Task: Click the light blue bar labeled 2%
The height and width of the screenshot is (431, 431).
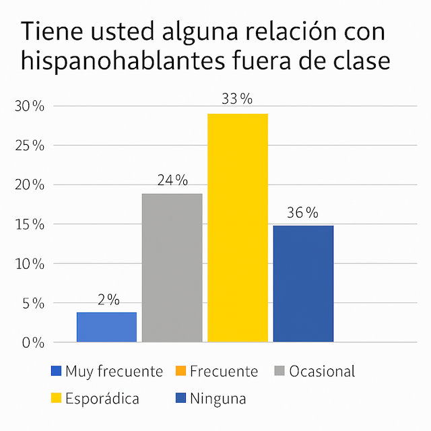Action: tap(106, 327)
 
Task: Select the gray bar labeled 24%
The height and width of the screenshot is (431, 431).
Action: tap(172, 268)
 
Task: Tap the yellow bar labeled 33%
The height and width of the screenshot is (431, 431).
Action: tap(237, 228)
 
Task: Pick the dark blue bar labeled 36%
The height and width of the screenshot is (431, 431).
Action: tap(303, 284)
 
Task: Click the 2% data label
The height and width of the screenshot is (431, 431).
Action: tap(108, 300)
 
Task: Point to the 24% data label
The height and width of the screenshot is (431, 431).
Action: tap(173, 180)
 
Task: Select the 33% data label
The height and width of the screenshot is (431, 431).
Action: tap(237, 99)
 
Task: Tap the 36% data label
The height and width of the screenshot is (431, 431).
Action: tap(303, 213)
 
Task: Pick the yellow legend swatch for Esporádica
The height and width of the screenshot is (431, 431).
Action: tap(56, 399)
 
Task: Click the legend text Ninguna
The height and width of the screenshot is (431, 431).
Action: tap(218, 399)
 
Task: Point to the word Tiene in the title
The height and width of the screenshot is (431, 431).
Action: tap(48, 31)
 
